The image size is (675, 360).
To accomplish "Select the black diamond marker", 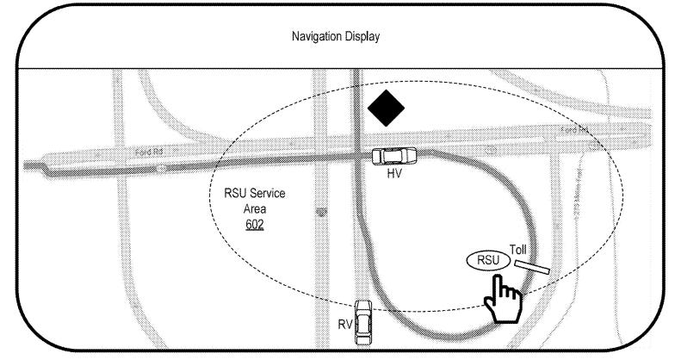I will click(386, 109).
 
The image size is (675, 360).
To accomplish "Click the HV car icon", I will click(393, 156).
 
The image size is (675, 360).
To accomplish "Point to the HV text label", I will click(394, 174).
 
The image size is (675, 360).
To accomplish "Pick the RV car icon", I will click(363, 321).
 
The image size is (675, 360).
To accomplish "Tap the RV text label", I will click(344, 325).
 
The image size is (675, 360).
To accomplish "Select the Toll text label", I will click(517, 250).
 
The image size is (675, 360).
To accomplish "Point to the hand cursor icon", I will click(502, 301).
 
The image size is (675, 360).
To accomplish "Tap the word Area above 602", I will click(255, 208).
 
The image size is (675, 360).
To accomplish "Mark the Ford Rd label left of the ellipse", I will click(145, 152).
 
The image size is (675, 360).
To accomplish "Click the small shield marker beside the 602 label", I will click(321, 211).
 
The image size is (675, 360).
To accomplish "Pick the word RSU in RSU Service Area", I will click(234, 194).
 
